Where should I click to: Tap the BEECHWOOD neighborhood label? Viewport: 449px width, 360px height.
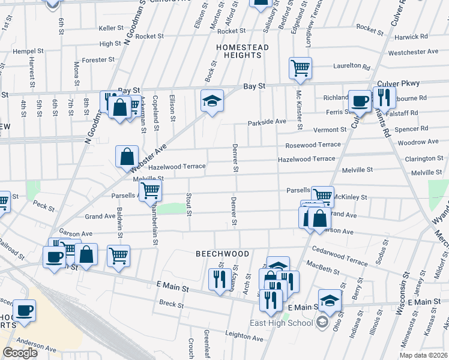coord(222,254)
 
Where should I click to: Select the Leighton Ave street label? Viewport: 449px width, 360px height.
coord(245,338)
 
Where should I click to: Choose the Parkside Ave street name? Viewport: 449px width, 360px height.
coord(267,122)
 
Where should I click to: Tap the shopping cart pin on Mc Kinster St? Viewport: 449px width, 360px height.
coord(300,67)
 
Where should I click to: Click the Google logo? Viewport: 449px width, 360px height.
coord(20,353)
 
